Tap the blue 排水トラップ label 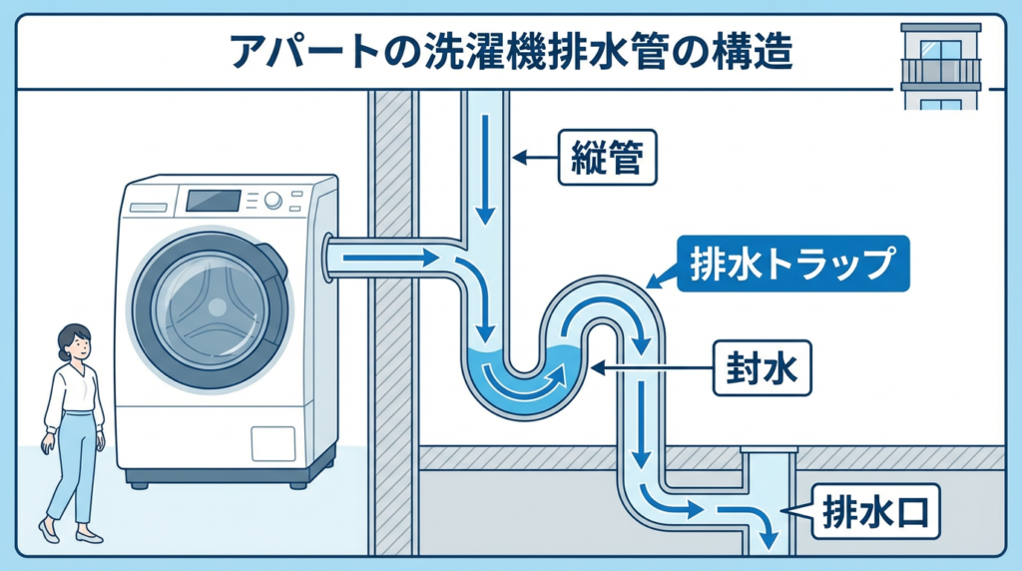(793, 263)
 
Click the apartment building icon (941, 66)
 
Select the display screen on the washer (214, 201)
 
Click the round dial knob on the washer (273, 202)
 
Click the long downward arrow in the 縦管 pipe (485, 170)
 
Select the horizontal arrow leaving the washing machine (389, 259)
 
